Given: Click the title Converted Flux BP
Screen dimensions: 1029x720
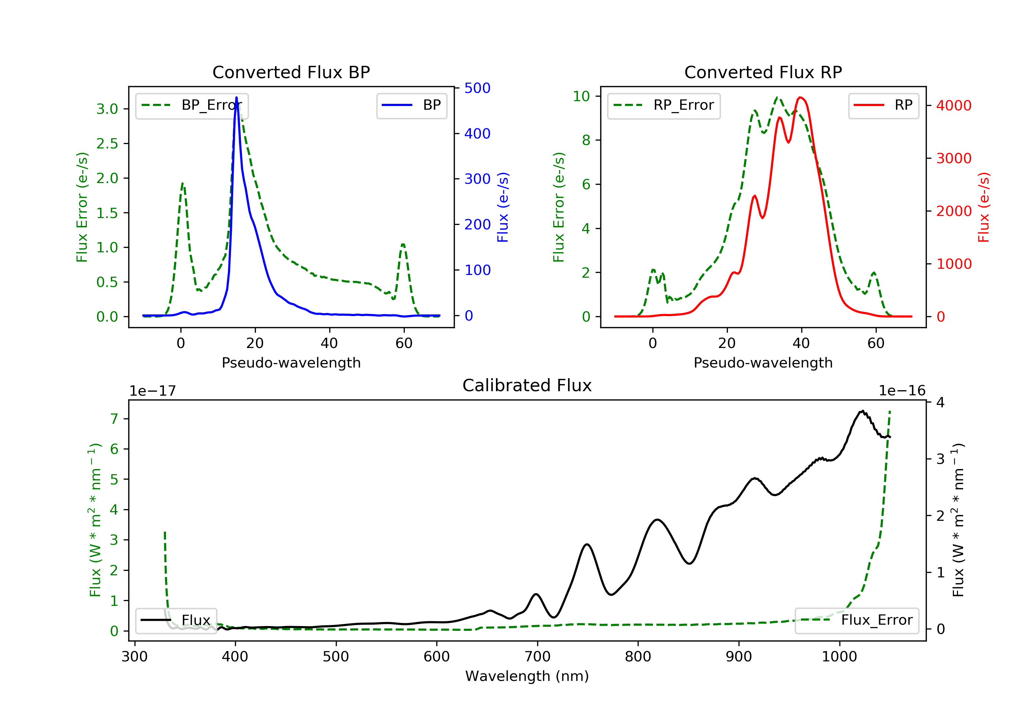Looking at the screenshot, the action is pyautogui.click(x=291, y=72).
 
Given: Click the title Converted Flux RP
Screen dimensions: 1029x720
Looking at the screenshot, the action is pyautogui.click(x=763, y=72).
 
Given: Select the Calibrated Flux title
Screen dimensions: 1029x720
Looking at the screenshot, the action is pyautogui.click(x=527, y=385).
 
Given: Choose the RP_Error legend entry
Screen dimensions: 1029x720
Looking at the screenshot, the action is pyautogui.click(x=664, y=106).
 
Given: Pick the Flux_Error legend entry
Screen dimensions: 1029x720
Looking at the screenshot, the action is pyautogui.click(x=857, y=621).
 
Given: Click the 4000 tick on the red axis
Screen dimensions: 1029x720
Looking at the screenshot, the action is pyautogui.click(x=954, y=106).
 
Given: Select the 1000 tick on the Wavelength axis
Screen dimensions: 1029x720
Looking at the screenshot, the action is pyautogui.click(x=839, y=657).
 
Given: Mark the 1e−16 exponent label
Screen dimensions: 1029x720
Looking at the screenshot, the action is pyautogui.click(x=902, y=391).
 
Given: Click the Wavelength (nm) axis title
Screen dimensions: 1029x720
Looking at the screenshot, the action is pyautogui.click(x=527, y=676).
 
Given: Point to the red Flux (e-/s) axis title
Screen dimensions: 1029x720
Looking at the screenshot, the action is pyautogui.click(x=984, y=207).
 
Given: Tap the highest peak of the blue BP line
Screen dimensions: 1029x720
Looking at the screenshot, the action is pyautogui.click(x=237, y=97).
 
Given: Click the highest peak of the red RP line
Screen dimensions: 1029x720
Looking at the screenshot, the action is pyautogui.click(x=801, y=97).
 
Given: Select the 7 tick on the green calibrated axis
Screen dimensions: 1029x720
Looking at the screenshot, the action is pyautogui.click(x=114, y=419).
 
